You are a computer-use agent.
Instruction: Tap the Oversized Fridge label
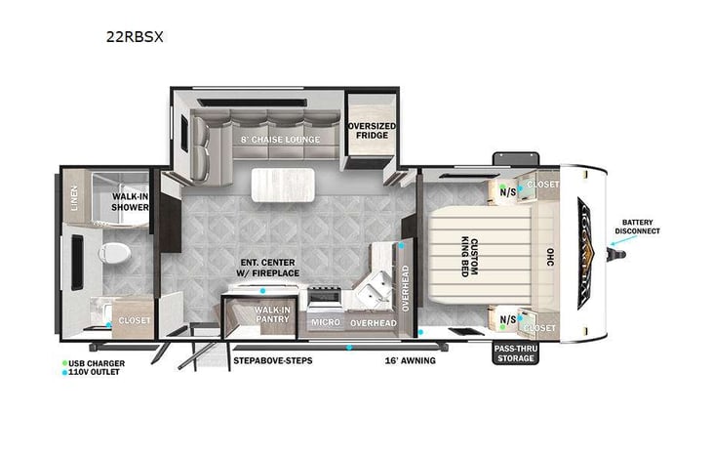tap(372, 129)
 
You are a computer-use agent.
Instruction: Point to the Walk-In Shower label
tap(130, 202)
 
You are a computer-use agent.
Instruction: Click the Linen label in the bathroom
tap(75, 199)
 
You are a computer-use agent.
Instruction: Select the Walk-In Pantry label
tap(272, 314)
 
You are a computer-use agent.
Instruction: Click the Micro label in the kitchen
tap(324, 321)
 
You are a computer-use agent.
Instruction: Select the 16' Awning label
tap(407, 361)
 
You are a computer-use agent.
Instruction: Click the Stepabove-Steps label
tap(272, 361)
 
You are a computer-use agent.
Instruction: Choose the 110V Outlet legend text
tap(97, 372)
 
